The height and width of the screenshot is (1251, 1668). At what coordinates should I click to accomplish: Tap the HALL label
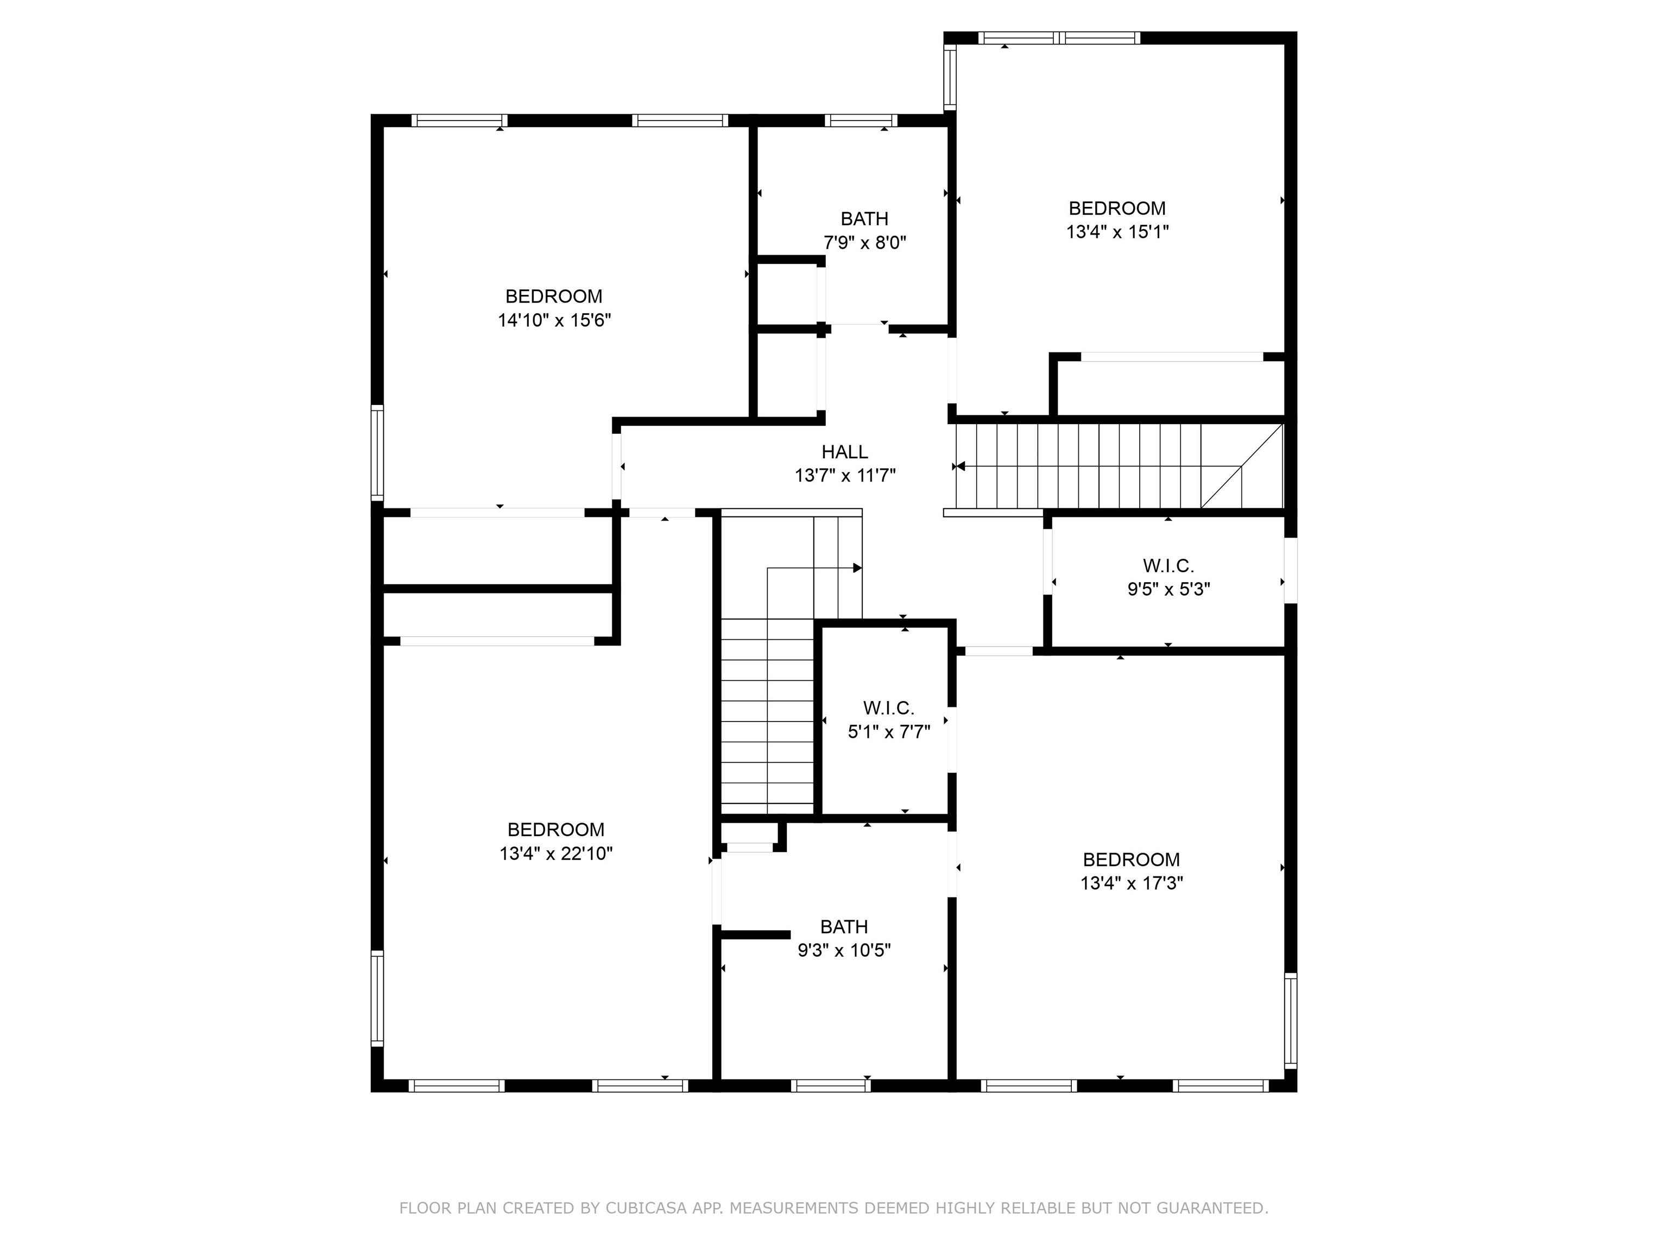point(844,452)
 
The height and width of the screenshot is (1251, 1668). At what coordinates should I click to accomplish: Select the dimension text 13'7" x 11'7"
point(844,476)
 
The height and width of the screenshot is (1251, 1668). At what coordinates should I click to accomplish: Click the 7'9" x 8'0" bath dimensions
point(864,243)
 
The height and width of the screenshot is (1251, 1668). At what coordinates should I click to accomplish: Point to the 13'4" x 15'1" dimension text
point(1117,231)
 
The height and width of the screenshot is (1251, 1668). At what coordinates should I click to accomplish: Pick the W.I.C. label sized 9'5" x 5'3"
point(1168,566)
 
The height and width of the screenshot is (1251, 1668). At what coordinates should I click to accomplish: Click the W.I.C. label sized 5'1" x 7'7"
point(888,708)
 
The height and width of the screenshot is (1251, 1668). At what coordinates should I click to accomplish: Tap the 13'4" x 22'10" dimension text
point(556,854)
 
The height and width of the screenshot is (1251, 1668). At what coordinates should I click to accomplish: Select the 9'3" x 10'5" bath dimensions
point(844,950)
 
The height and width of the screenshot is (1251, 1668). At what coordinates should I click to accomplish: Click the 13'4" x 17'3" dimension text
point(1131,883)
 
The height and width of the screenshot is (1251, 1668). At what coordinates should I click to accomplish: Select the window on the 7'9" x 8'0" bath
point(861,120)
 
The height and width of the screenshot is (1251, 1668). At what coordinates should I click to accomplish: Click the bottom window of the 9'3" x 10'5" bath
point(831,1086)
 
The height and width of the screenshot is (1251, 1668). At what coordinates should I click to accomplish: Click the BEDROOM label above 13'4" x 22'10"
point(556,830)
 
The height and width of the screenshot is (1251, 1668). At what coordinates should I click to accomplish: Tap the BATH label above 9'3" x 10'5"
point(844,927)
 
